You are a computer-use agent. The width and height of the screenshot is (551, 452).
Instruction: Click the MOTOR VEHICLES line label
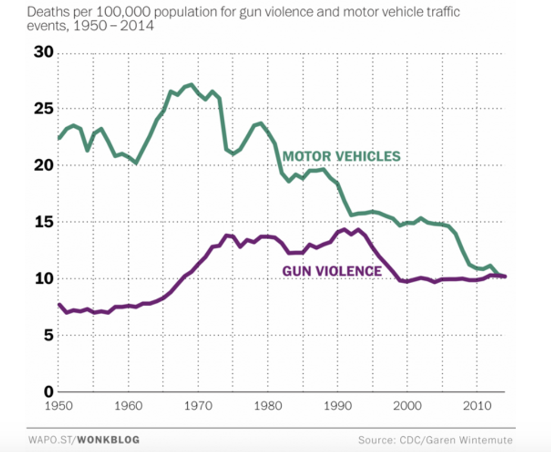point(341,156)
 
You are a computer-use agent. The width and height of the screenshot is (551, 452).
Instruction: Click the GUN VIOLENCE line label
point(332,271)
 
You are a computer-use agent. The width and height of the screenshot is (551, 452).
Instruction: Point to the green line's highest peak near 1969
point(191,85)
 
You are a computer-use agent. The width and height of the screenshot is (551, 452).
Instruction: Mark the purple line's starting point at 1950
point(59,305)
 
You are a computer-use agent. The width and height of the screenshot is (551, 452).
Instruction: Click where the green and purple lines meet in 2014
point(504,276)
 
